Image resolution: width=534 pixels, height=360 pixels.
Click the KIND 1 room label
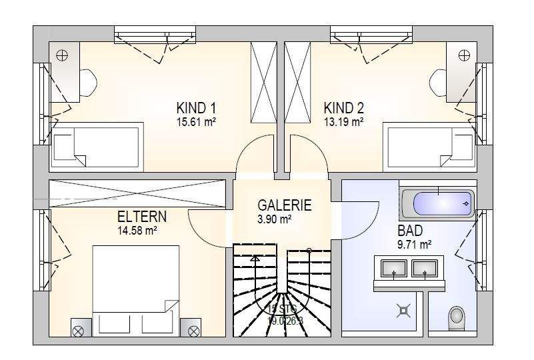tap(197, 108)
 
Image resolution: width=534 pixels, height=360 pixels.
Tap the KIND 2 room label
tap(344, 108)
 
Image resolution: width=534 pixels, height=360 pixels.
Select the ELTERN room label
tap(142, 217)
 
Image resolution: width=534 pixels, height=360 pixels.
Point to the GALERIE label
tap(285, 206)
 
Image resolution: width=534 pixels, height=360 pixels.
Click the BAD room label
tap(410, 231)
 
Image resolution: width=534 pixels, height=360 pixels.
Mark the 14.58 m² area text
tap(137, 231)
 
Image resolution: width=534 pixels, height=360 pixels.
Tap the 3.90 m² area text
tap(275, 219)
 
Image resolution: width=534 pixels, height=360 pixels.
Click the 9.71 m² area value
tap(414, 245)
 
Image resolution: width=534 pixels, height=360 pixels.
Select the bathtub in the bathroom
tap(438, 201)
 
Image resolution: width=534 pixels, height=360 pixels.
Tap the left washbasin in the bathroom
tap(394, 269)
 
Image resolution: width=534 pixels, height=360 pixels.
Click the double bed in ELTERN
tap(136, 290)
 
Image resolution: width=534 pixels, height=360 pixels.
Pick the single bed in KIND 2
tap(430, 143)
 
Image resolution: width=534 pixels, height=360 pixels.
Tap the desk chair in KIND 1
tap(88, 82)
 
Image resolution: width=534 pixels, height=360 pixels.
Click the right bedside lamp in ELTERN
tap(194, 330)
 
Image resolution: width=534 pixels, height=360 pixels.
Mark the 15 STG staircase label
tap(283, 309)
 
